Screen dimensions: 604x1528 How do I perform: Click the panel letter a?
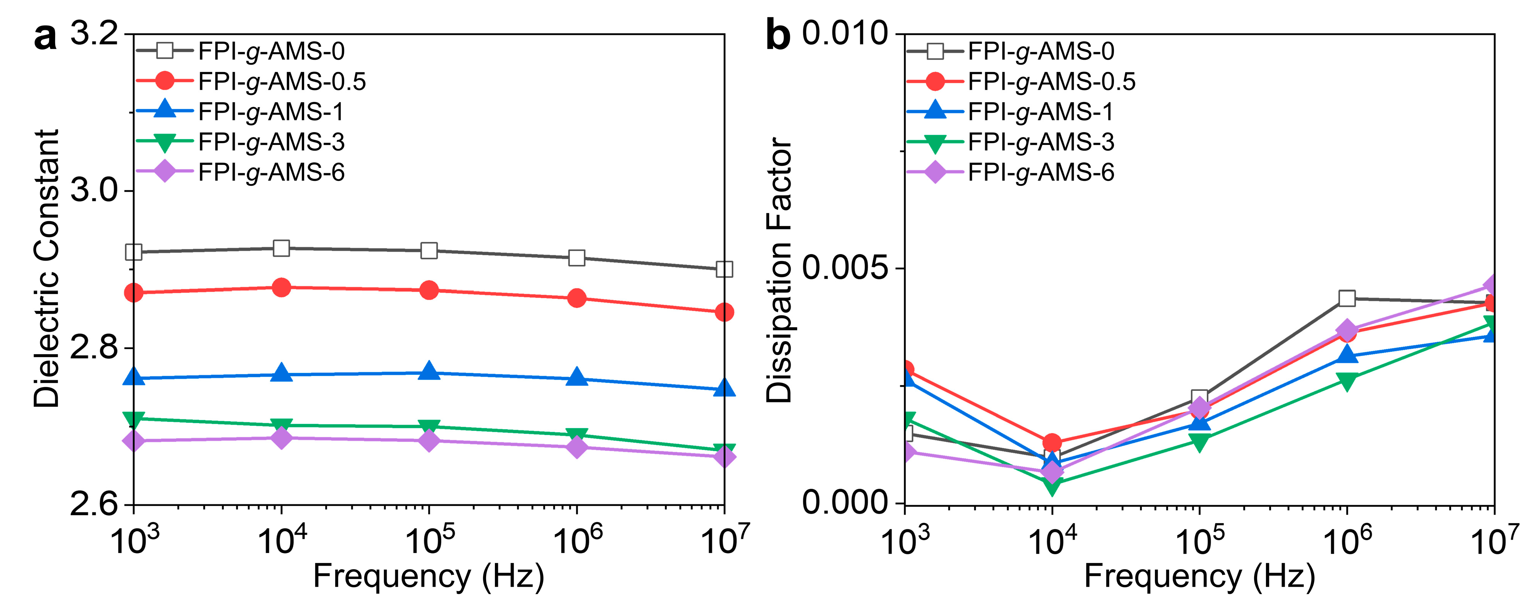[46, 37]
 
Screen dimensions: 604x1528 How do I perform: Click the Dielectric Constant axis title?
[46, 268]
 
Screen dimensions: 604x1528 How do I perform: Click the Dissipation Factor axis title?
[779, 270]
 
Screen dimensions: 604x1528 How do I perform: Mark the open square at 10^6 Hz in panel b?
[1346, 299]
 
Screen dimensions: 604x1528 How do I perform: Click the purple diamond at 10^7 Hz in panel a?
[724, 456]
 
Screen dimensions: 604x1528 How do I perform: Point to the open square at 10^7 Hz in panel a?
[724, 269]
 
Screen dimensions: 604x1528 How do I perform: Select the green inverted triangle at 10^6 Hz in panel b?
[1346, 381]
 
